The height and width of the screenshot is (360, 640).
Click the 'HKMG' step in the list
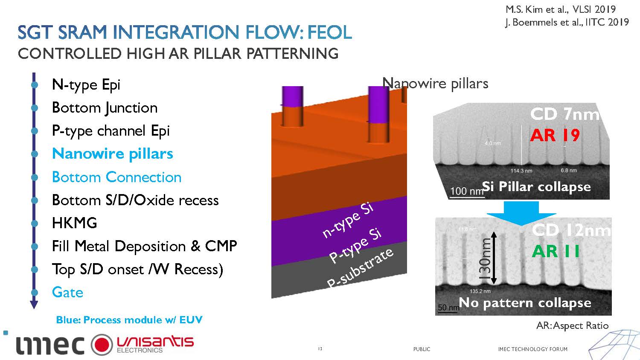point(74,223)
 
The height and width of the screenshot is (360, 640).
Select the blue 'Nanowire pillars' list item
point(112,154)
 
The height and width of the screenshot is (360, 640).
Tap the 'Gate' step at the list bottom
point(67,292)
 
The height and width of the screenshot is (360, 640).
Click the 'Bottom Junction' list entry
point(105,107)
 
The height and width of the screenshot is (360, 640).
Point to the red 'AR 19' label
point(555,135)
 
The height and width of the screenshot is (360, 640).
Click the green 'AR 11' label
point(556,251)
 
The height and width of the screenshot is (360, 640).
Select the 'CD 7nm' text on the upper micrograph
point(564,114)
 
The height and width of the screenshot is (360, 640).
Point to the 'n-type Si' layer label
point(348,220)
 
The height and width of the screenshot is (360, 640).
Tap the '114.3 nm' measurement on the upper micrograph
point(521,171)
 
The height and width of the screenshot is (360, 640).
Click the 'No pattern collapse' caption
point(525,303)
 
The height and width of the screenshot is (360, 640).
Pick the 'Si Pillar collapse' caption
point(536,186)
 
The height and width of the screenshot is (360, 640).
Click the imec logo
point(50,345)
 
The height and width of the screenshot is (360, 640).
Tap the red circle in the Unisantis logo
point(102,344)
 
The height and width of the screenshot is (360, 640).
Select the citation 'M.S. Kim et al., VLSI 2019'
point(560,9)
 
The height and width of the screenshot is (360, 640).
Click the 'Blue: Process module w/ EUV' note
point(129,320)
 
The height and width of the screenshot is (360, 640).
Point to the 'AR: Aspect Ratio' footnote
point(572,325)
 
